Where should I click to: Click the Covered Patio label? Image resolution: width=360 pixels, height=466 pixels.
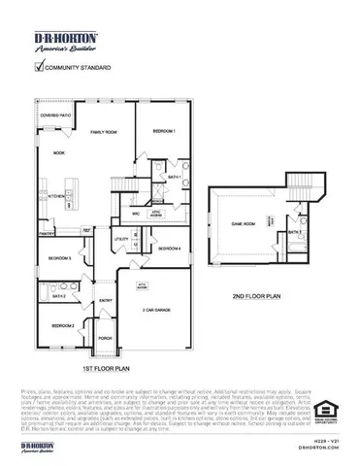click(x=54, y=115)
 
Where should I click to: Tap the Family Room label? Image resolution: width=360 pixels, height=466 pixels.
click(x=104, y=130)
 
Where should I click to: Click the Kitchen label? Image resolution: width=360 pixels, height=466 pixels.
click(x=56, y=195)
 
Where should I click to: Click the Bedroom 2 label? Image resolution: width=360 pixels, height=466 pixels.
click(x=63, y=325)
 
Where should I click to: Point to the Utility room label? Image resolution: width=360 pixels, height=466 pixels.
click(x=121, y=238)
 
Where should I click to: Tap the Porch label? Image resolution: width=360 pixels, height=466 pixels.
click(x=104, y=339)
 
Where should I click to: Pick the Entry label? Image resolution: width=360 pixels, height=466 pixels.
click(x=104, y=300)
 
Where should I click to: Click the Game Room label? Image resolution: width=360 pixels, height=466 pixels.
click(x=243, y=223)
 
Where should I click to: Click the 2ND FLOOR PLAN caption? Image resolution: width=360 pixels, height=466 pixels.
click(x=256, y=296)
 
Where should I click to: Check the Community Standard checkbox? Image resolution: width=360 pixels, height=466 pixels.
click(x=40, y=67)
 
